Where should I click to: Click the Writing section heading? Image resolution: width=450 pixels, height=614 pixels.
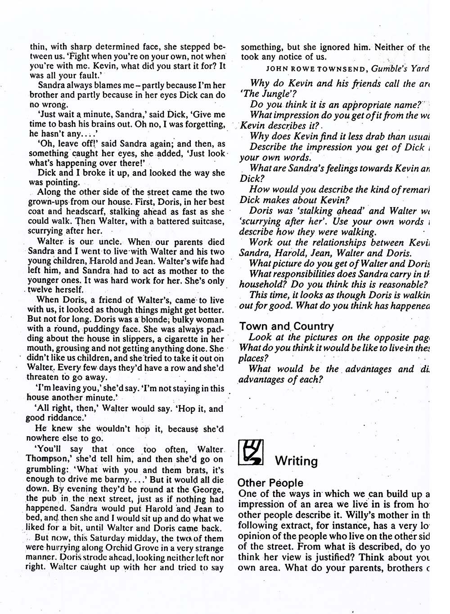tap(296, 461)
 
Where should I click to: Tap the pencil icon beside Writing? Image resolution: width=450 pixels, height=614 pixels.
tap(250, 452)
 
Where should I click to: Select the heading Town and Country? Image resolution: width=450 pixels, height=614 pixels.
tap(286, 326)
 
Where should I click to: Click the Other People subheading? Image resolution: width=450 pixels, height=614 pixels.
tap(270, 483)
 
